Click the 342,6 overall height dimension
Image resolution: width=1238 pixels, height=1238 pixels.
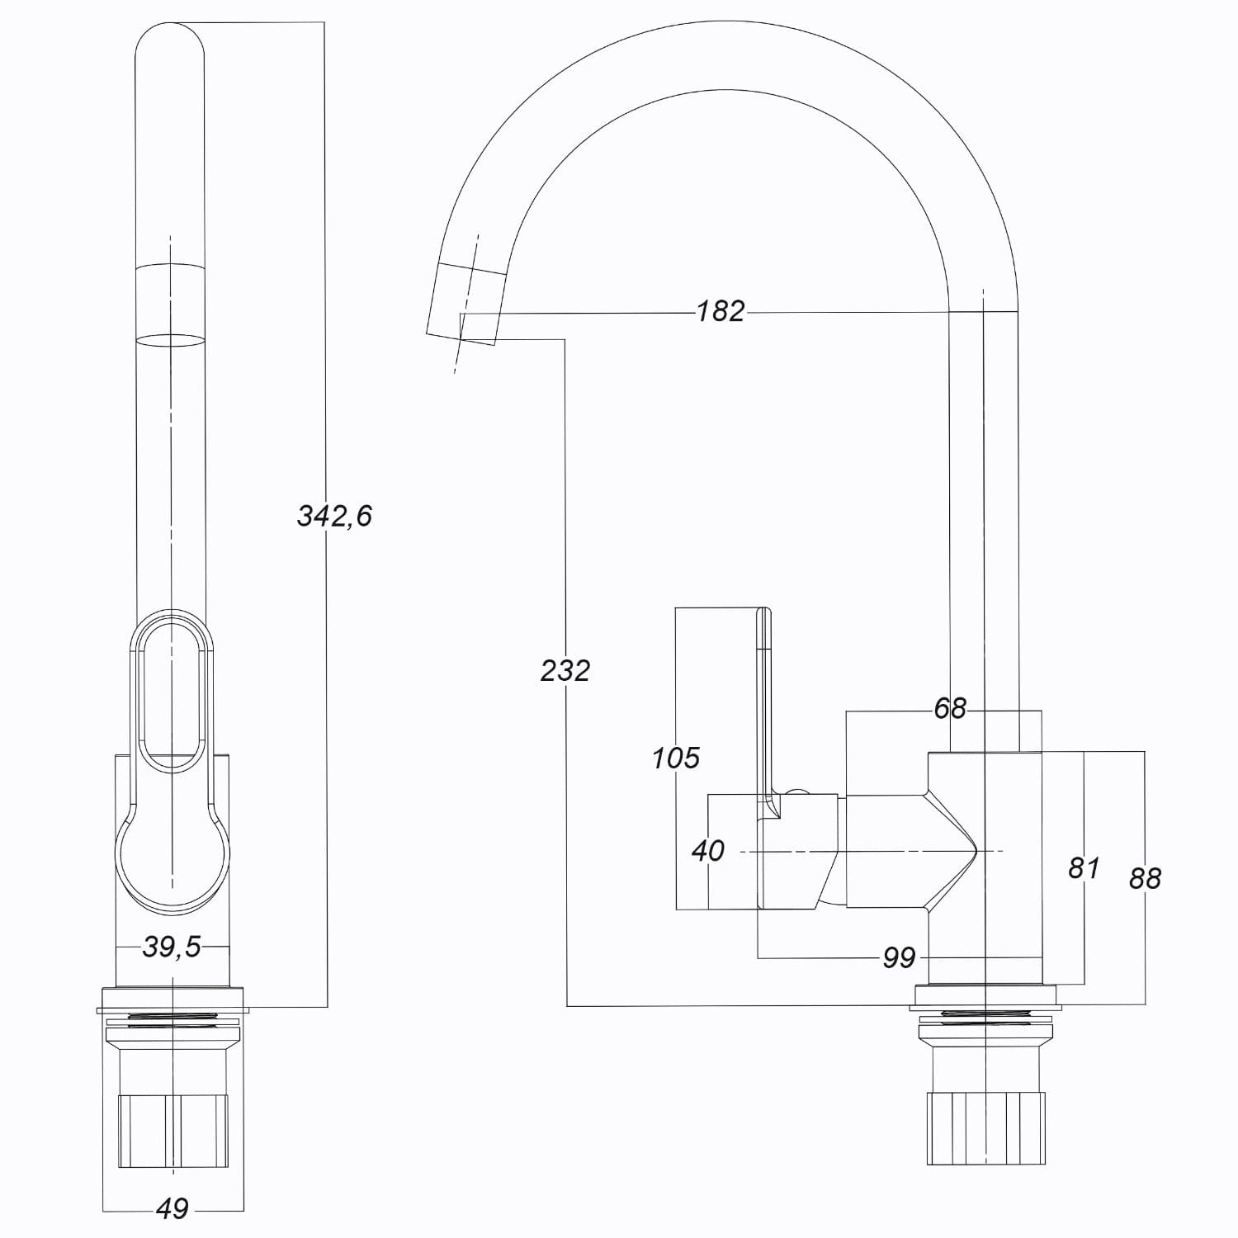pyautogui.click(x=334, y=516)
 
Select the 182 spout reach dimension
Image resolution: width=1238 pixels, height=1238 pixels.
pyautogui.click(x=721, y=311)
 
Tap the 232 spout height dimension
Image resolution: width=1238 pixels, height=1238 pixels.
pyautogui.click(x=565, y=670)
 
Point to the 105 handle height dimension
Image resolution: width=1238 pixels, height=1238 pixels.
pyautogui.click(x=676, y=758)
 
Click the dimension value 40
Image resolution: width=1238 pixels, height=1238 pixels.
pyautogui.click(x=707, y=850)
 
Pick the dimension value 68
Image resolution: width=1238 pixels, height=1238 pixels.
pyautogui.click(x=949, y=708)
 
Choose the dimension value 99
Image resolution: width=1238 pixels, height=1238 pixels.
pyautogui.click(x=899, y=957)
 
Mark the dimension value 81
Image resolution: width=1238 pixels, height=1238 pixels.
pyautogui.click(x=1084, y=867)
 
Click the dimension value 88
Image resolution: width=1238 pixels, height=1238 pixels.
pyautogui.click(x=1145, y=878)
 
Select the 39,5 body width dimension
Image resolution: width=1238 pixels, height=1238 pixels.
pyautogui.click(x=172, y=947)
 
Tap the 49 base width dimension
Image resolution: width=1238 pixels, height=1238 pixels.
pyautogui.click(x=172, y=1210)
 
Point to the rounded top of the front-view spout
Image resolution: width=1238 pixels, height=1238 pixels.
pyautogui.click(x=169, y=37)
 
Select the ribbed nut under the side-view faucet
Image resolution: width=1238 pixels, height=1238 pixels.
pyautogui.click(x=986, y=1127)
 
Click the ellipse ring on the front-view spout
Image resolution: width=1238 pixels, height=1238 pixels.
pyautogui.click(x=169, y=339)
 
